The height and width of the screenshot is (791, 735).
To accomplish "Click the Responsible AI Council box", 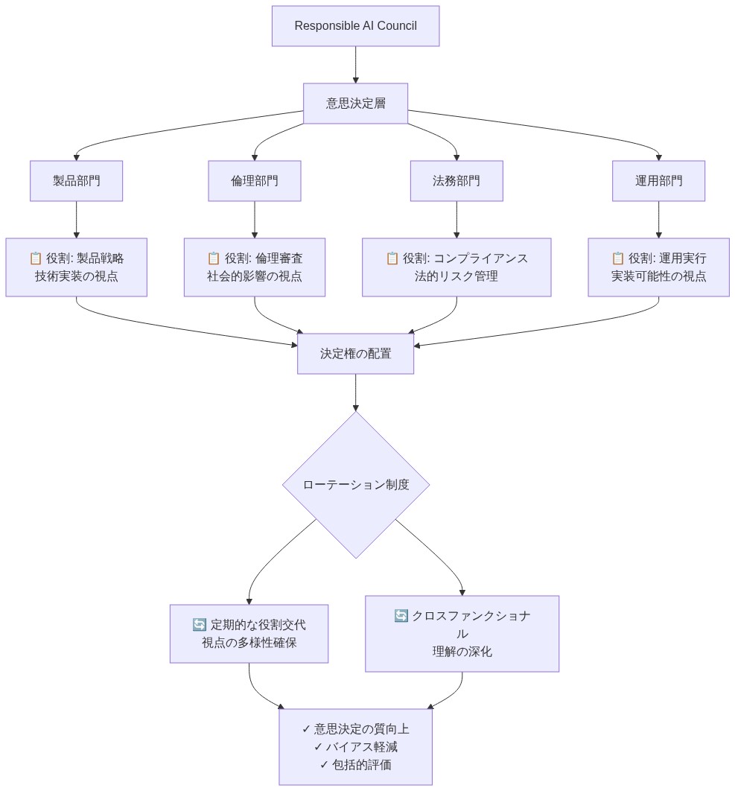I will (355, 26).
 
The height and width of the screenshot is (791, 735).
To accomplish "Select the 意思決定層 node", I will (355, 104).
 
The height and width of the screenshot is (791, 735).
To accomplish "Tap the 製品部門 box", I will (76, 181).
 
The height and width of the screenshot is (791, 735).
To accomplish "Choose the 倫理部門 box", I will (255, 181).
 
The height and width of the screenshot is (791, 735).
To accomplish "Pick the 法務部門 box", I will (456, 181).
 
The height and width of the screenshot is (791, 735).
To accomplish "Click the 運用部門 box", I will (658, 181).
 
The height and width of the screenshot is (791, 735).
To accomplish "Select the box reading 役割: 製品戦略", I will (76, 267).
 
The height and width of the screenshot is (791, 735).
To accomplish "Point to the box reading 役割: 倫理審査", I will (255, 267).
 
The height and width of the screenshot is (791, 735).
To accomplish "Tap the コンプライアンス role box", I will (456, 267).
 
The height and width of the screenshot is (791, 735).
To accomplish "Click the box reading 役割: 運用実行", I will (658, 267).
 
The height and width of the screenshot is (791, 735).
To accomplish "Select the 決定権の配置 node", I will (355, 354).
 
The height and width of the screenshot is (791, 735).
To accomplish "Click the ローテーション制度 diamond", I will (355, 485).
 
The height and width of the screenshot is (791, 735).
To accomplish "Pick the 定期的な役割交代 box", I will (249, 633).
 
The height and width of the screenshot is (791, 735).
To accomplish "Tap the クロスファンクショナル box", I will (462, 634).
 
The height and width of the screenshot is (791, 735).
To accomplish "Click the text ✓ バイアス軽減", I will (355, 747).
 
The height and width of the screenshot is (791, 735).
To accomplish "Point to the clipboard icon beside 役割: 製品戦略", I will (35, 258).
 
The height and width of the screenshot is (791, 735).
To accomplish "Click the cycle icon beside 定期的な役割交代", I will (199, 624).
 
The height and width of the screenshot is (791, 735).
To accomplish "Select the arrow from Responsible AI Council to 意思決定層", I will (355, 65).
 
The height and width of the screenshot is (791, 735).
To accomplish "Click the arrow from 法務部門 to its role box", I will (456, 220).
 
